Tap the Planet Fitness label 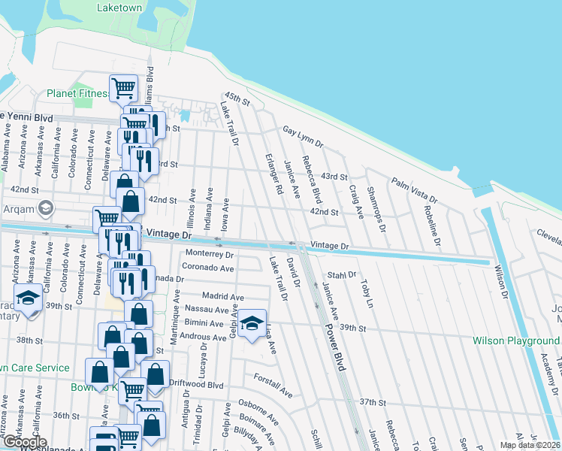click(77, 94)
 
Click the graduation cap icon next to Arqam click(45, 207)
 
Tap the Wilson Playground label click(516, 341)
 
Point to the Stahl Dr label click(341, 275)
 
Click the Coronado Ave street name click(208, 268)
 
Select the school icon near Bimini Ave click(254, 323)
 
